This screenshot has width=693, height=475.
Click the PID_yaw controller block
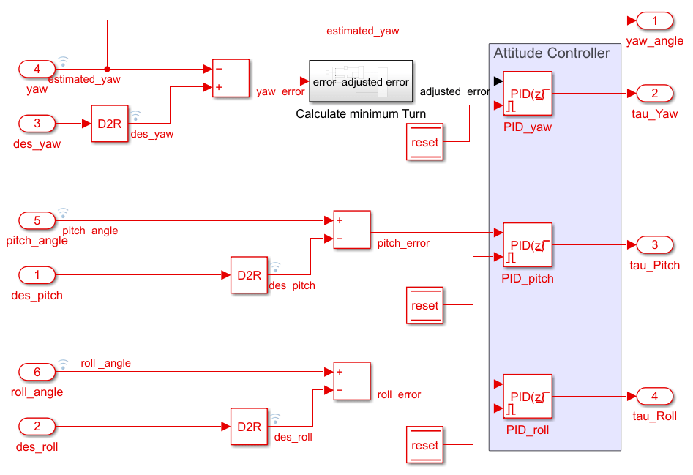tap(527, 94)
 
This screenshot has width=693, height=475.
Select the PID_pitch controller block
tap(527, 245)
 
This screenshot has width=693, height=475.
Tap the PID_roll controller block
tap(527, 397)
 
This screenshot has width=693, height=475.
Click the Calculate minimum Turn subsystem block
tap(360, 82)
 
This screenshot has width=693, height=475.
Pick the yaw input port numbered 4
tap(37, 70)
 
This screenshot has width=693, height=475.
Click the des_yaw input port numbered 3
tap(37, 124)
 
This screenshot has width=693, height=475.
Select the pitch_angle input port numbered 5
tap(37, 220)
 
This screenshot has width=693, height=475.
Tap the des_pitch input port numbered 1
tap(37, 275)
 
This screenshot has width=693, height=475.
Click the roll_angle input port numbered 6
tap(37, 372)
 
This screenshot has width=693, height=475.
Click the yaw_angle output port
tap(654, 20)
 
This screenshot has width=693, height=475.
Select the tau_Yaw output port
tap(654, 93)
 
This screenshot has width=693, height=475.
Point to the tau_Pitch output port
tap(654, 244)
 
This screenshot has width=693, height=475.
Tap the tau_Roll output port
tap(654, 396)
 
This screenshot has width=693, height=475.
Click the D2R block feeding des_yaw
tap(110, 124)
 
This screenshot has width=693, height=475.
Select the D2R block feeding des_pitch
tap(249, 275)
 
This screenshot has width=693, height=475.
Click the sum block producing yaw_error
tap(231, 78)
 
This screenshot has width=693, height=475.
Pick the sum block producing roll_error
tap(352, 381)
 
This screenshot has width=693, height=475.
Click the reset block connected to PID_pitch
tap(424, 305)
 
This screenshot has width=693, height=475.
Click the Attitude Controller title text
tap(551, 53)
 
